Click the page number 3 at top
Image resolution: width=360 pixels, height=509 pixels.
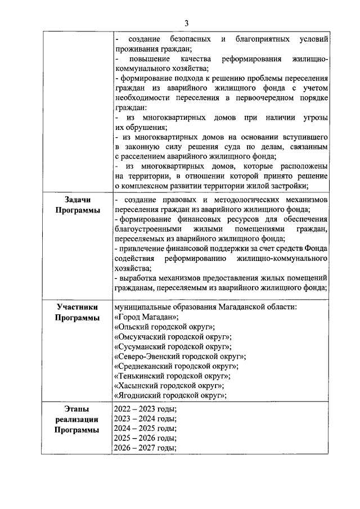click(x=186, y=22)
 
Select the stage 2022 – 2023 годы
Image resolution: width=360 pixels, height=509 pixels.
click(x=145, y=409)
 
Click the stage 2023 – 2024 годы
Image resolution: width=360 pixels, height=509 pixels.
click(x=145, y=419)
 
